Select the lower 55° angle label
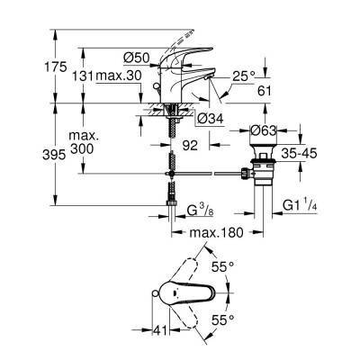point(222,319)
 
